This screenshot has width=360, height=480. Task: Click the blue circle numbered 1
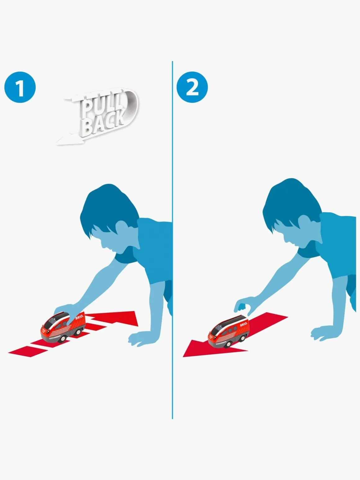[x=20, y=87]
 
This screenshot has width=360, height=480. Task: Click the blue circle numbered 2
[x=192, y=87]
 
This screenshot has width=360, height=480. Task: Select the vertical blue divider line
[x=172, y=240]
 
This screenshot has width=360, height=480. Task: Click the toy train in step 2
[x=228, y=331]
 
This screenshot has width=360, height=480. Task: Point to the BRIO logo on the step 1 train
[x=79, y=317]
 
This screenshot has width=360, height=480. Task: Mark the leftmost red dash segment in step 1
[x=28, y=351]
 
